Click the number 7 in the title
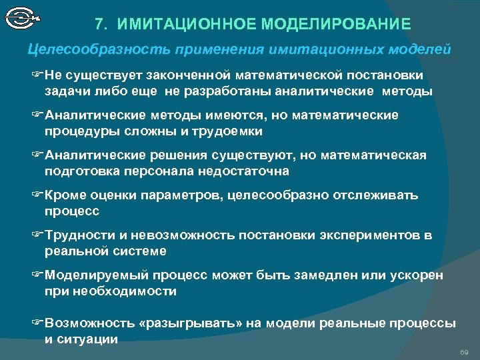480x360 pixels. tap(99, 25)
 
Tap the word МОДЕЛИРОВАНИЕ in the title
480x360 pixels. tap(339, 25)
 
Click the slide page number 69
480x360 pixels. tap(465, 351)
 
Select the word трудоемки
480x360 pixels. tap(226, 131)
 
